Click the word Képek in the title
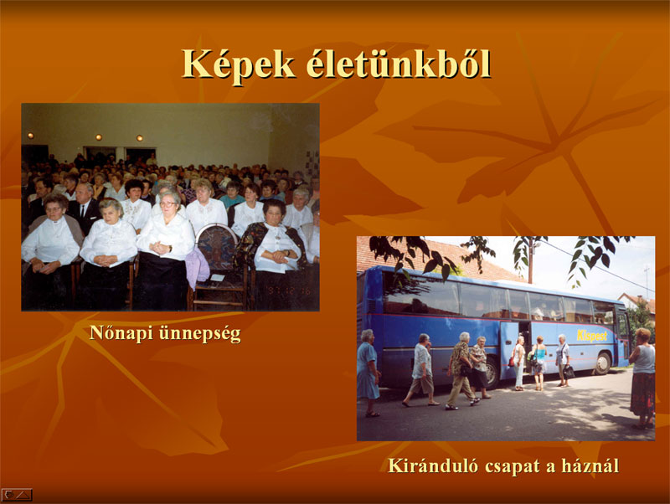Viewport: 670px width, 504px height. pos(239,65)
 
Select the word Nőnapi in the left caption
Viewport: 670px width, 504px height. pos(121,333)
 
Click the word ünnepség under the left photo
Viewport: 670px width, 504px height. pos(200,334)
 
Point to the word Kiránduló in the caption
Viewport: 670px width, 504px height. pos(433,465)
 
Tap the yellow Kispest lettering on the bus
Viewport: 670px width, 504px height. pos(592,335)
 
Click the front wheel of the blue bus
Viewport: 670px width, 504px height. pos(602,363)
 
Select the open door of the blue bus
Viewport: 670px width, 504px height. pos(509,349)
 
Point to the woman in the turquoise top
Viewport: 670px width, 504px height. pos(539,363)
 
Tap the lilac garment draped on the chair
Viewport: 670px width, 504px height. pos(197,267)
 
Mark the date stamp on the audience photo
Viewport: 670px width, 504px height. pos(289,290)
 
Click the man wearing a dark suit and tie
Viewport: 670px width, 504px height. pos(84,208)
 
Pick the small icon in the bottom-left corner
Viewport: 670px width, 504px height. pos(17,495)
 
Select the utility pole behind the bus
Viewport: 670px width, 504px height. pos(531,260)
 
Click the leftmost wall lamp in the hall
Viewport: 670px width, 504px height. pos(30,136)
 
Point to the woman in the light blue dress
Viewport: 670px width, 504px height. pos(368,373)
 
